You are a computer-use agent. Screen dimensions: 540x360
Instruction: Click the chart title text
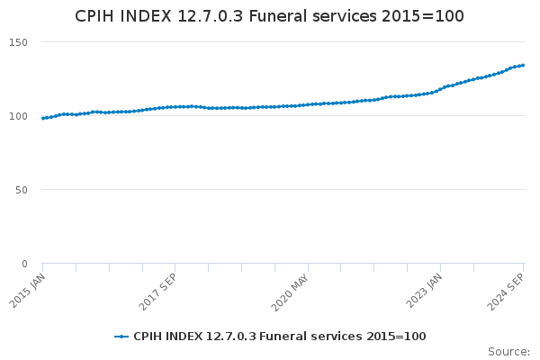click(x=269, y=16)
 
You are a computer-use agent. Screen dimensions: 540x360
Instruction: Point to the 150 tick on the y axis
click(x=18, y=42)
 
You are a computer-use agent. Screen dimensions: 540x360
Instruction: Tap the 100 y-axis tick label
click(x=18, y=116)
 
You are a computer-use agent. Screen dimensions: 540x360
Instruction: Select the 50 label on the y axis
click(x=22, y=190)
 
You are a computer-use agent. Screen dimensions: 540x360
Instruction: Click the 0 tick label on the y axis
click(x=24, y=264)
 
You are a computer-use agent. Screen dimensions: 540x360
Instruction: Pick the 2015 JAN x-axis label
click(x=28, y=291)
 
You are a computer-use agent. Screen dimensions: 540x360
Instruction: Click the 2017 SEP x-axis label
click(x=157, y=292)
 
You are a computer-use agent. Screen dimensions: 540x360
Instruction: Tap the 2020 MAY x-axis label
click(x=290, y=292)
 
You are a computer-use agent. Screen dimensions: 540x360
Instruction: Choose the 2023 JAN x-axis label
click(x=424, y=291)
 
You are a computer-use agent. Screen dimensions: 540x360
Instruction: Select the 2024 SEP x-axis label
click(x=506, y=292)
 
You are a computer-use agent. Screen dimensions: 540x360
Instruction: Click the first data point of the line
click(x=43, y=118)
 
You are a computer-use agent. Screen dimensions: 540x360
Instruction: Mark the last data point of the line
click(x=523, y=65)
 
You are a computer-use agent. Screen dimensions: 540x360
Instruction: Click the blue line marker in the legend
click(x=121, y=337)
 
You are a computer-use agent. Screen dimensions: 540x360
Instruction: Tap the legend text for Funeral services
click(x=280, y=337)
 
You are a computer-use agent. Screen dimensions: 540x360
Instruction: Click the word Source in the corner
click(x=508, y=352)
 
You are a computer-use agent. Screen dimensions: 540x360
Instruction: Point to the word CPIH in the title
click(x=94, y=16)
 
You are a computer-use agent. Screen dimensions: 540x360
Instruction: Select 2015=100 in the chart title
click(x=423, y=16)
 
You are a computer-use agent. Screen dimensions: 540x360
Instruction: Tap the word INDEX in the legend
click(x=184, y=337)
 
